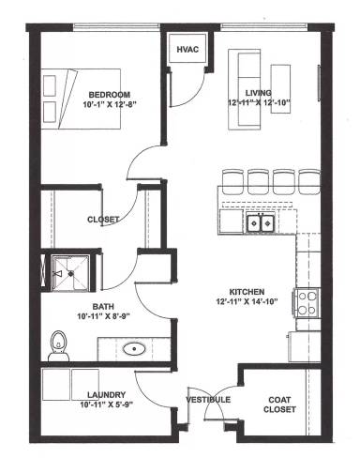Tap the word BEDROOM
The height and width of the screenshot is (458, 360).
point(111,94)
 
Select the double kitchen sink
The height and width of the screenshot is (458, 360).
point(260,222)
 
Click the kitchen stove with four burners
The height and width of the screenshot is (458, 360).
point(308,302)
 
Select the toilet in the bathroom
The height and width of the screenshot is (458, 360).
point(59,344)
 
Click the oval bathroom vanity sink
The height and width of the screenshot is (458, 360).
point(135,349)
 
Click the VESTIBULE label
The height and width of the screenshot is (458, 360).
point(207,400)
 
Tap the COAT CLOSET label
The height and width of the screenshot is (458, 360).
point(280,404)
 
